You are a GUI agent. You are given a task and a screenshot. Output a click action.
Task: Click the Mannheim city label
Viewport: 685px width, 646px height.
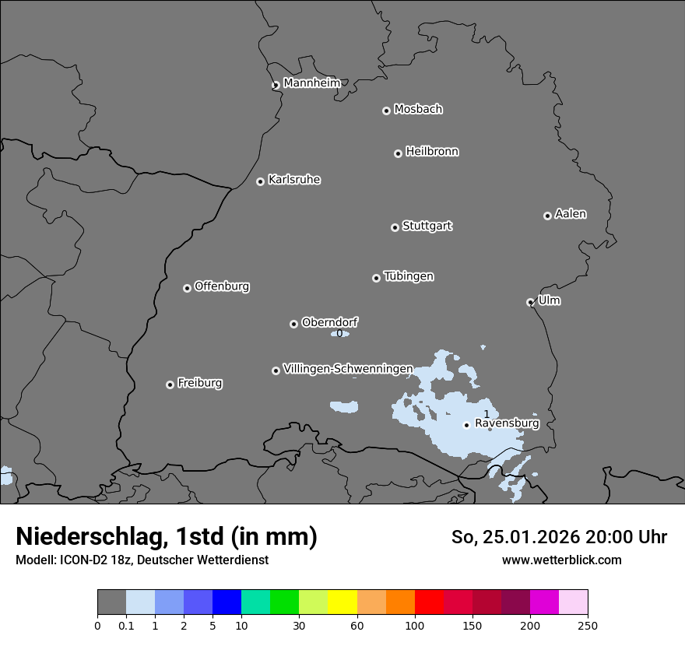pyautogui.click(x=311, y=83)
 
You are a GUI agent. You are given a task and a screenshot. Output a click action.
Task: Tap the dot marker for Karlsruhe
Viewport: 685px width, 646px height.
pyautogui.click(x=260, y=181)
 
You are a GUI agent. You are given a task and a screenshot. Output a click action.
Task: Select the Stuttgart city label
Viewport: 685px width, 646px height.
pyautogui.click(x=427, y=226)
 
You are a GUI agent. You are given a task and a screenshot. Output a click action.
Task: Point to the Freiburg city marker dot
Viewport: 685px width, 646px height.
pyautogui.click(x=170, y=384)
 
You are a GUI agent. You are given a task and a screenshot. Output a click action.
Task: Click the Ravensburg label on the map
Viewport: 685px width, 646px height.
pyautogui.click(x=506, y=423)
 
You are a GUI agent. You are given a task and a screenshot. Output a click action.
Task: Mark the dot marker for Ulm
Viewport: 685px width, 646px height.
pyautogui.click(x=530, y=302)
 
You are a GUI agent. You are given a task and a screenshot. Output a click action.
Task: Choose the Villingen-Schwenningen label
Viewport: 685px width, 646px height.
pyautogui.click(x=348, y=369)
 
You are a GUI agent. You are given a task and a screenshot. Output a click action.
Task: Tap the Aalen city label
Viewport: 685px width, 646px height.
pyautogui.click(x=571, y=214)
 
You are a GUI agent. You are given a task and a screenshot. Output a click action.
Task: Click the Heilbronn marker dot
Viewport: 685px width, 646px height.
pyautogui.click(x=398, y=153)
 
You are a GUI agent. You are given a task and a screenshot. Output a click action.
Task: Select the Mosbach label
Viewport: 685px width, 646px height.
pyautogui.click(x=418, y=110)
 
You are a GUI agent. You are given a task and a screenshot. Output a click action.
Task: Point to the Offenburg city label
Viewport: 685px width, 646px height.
pyautogui.click(x=222, y=286)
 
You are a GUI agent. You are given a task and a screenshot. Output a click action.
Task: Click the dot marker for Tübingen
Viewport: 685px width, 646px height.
pyautogui.click(x=376, y=278)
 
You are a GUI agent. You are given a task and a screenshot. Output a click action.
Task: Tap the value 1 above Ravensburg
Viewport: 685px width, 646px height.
pyautogui.click(x=487, y=414)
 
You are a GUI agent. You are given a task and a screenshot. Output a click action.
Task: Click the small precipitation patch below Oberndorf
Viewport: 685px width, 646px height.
pyautogui.click(x=339, y=333)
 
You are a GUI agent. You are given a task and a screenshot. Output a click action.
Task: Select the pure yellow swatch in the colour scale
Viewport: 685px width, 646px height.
pyautogui.click(x=342, y=602)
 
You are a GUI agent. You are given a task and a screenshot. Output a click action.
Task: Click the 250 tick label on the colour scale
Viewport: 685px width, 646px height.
pyautogui.click(x=588, y=625)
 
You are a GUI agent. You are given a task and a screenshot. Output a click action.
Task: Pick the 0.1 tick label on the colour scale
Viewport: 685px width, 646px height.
pyautogui.click(x=126, y=625)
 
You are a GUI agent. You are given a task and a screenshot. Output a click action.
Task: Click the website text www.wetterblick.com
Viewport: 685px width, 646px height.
pyautogui.click(x=561, y=560)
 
